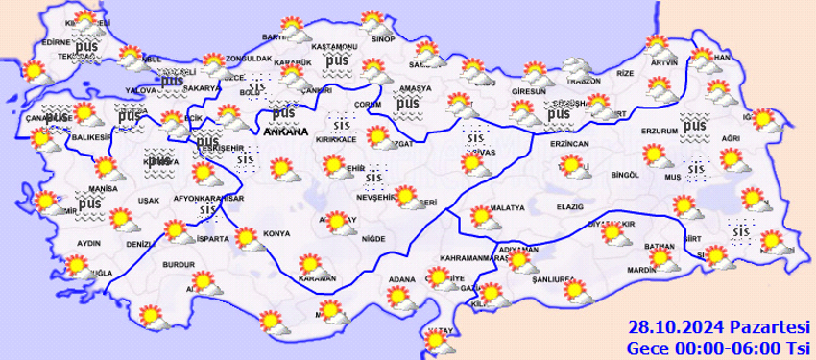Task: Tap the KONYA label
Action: tap(277, 233)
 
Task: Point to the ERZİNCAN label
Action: tap(569, 143)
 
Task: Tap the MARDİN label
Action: tap(638, 271)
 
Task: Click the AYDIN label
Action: tap(88, 243)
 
